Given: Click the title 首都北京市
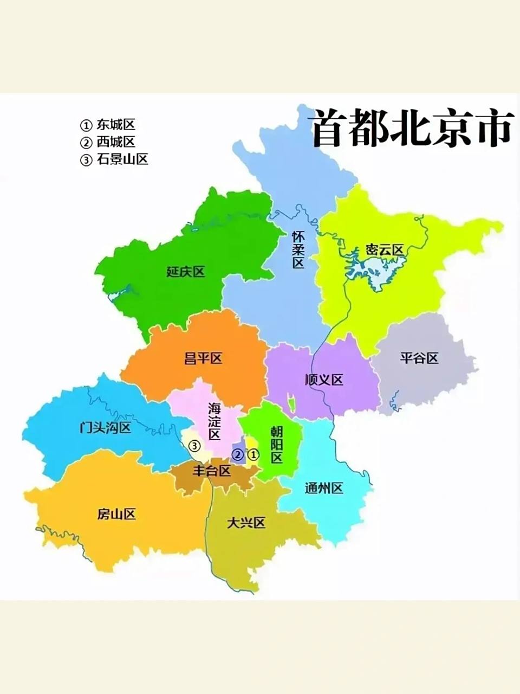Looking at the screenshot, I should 412,129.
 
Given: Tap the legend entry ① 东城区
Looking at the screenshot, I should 108,125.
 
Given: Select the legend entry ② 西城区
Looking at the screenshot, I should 108,142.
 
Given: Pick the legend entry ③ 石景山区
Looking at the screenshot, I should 114,159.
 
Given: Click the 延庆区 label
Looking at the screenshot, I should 186,272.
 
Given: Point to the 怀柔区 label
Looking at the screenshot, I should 298,249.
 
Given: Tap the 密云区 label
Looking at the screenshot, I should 385,250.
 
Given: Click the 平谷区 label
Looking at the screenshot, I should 419,358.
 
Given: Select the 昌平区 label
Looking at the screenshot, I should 203,358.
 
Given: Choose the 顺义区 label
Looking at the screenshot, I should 324,380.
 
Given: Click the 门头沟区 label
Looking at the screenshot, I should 105,428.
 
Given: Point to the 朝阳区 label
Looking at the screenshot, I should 277,444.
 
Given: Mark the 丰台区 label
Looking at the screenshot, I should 212,471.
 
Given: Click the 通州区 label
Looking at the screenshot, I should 324,488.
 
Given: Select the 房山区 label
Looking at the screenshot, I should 116,514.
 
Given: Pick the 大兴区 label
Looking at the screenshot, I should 246,523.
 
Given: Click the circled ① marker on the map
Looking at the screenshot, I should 253,454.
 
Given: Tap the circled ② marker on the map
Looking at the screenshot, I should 237,454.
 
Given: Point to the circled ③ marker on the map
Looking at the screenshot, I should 194,446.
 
